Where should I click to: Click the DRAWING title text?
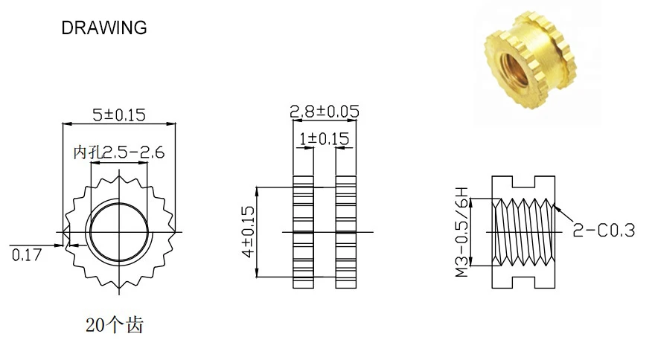tap(104, 28)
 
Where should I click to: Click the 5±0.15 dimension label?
tap(118, 115)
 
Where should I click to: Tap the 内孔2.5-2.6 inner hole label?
tap(118, 152)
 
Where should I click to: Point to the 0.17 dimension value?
tap(27, 254)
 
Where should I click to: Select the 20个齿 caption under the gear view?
tap(115, 325)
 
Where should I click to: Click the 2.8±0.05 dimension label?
tap(325, 112)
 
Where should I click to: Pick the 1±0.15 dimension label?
tap(325, 138)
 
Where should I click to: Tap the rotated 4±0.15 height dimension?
tap(248, 231)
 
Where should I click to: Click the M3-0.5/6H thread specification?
tap(462, 232)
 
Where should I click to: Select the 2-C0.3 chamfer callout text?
tap(604, 230)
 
